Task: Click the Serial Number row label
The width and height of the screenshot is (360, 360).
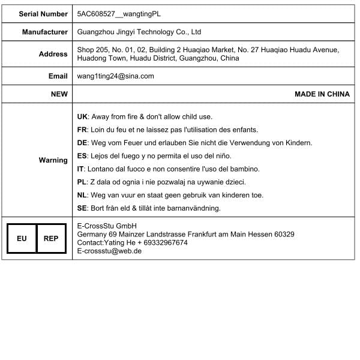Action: click(x=43, y=13)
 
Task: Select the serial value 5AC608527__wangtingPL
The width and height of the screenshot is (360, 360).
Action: click(x=119, y=13)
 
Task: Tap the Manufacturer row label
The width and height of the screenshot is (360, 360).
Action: click(x=45, y=32)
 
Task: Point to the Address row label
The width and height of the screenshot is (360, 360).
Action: click(x=53, y=54)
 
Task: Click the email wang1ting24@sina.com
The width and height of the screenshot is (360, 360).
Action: click(x=116, y=76)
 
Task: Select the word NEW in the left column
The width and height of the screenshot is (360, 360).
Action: click(x=59, y=94)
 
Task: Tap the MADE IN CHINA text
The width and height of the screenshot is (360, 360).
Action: click(x=322, y=94)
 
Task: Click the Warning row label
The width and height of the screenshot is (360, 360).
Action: click(x=53, y=160)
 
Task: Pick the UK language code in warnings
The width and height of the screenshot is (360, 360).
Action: click(x=83, y=116)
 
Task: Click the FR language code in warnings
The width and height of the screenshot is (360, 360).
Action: click(x=83, y=130)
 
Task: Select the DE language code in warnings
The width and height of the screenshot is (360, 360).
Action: click(x=83, y=143)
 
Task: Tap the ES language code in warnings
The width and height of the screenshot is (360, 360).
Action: click(x=83, y=155)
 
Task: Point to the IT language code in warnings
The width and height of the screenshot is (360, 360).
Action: click(x=81, y=169)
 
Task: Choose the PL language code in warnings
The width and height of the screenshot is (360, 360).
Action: click(x=82, y=182)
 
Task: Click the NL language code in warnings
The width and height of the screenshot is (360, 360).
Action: click(x=83, y=195)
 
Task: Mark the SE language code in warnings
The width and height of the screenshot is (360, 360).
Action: click(x=83, y=208)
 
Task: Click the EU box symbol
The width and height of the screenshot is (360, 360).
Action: click(x=22, y=238)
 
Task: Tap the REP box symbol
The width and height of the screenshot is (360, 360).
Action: click(x=51, y=238)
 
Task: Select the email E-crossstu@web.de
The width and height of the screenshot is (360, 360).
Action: click(x=109, y=251)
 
